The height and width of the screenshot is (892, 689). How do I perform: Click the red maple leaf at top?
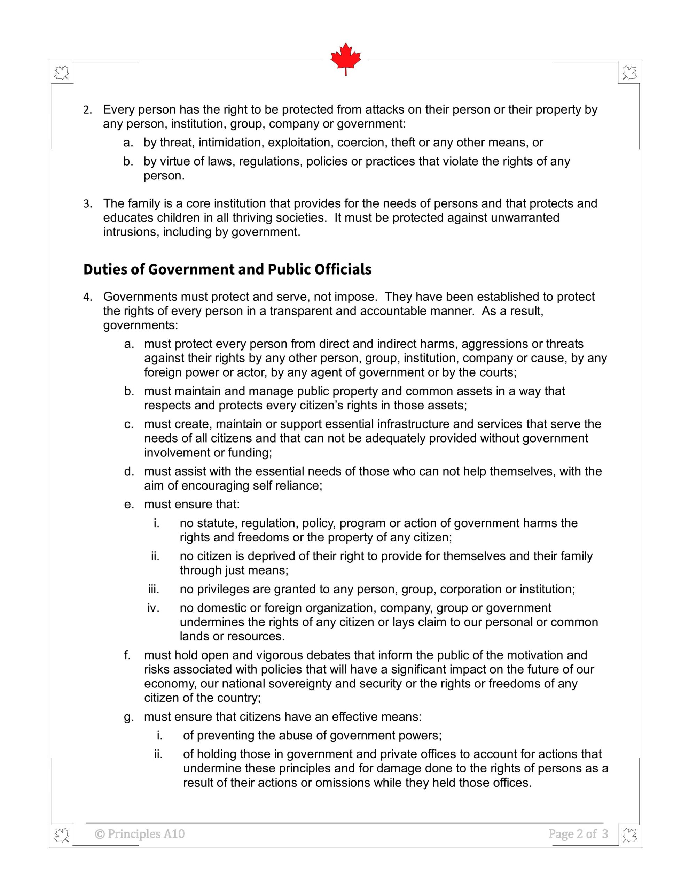(x=345, y=57)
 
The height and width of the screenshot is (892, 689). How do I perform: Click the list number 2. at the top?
(x=88, y=110)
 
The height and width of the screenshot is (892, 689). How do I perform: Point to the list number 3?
(x=88, y=204)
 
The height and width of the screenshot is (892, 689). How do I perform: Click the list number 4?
(x=88, y=297)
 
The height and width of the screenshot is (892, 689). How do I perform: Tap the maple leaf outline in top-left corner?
(x=62, y=74)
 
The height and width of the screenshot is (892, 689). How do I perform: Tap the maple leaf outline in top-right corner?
(x=629, y=74)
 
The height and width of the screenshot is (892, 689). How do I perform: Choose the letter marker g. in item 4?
(x=129, y=717)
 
